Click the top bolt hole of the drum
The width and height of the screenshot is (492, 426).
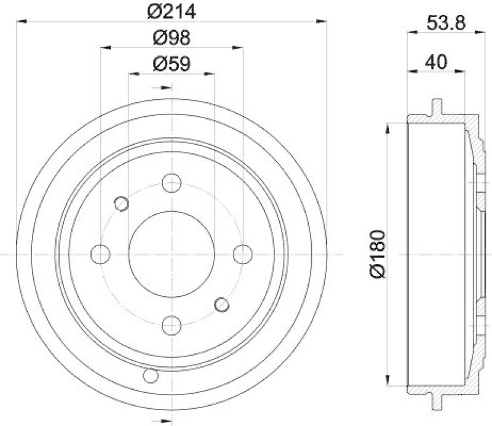coord(172,182)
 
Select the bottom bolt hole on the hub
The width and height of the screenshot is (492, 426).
coord(172,324)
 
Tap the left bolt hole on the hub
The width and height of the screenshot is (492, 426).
coord(100,253)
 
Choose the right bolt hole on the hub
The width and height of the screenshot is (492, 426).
coord(243,253)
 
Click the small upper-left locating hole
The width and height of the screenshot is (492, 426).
coord(122,203)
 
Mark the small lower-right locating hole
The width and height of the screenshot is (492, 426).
coord(221,303)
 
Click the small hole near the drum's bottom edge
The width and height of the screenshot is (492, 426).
coord(149,375)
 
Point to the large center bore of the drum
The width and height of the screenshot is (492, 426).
coord(172,253)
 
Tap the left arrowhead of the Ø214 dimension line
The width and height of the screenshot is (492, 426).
coord(22,22)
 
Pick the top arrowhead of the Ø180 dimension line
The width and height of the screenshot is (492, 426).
coord(387,127)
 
